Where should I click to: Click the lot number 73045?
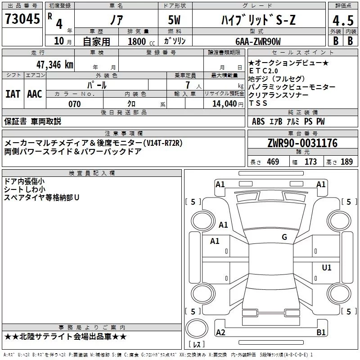coord(22,18)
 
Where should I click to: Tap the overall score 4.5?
coord(343,20)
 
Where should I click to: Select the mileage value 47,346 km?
coord(54,65)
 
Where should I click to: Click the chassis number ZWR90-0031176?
coord(302,143)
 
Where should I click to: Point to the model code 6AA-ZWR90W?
coord(258,41)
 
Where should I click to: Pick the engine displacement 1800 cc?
coord(141,41)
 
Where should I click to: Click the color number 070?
coord(75,104)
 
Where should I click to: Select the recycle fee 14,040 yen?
coord(228,104)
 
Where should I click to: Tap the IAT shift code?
coord(13,94)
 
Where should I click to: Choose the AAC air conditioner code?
coord(35,94)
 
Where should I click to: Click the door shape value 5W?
coord(174,20)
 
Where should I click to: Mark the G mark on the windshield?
coord(284,237)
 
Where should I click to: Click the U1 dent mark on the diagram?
coord(327,267)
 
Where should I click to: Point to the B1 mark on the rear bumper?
coord(321,332)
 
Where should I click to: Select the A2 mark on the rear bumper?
coord(220,332)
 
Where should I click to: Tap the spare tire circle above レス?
coord(197,328)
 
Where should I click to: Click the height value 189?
coord(346,162)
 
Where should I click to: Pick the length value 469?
coord(273,162)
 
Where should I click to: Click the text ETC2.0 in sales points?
coord(263,71)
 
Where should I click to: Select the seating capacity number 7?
coord(188,85)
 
